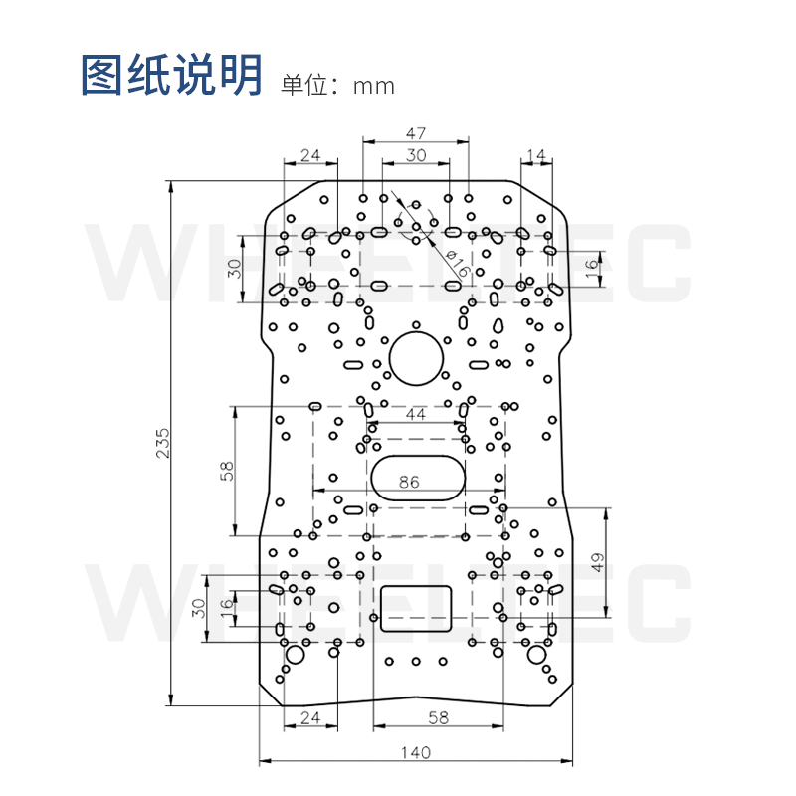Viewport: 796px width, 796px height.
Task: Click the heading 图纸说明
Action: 171,75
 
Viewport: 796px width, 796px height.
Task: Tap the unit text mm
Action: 374,86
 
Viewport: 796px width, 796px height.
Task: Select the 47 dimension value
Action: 416,132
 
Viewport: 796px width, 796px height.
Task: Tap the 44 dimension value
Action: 416,415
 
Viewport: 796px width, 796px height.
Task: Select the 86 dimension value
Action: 409,482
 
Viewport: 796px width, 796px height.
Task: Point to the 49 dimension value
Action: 597,563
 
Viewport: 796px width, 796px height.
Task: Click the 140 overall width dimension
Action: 417,751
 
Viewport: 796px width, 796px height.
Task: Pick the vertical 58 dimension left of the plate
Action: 226,470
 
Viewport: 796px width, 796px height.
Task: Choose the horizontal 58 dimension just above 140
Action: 417,716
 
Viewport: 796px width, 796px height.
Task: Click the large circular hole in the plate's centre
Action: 415,358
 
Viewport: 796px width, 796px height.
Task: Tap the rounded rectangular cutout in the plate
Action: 416,608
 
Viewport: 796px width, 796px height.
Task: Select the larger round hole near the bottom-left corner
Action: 295,655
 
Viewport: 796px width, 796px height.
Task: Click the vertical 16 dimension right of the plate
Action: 591,266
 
